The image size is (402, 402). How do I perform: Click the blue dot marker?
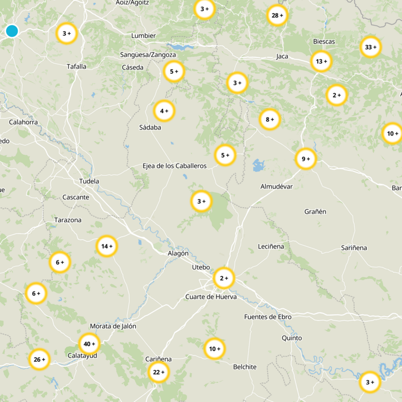[x=12, y=31]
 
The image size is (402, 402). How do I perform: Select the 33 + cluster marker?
[x=371, y=47]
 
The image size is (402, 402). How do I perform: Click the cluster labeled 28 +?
[x=277, y=16]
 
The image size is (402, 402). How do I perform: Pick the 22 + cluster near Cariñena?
[x=159, y=372]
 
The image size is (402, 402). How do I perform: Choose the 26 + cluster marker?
[x=39, y=359]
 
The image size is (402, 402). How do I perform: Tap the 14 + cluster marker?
[x=107, y=246]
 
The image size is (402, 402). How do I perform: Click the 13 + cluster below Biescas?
[x=321, y=61]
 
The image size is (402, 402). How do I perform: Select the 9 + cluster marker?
[x=306, y=159]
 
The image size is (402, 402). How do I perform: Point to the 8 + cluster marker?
[x=270, y=120]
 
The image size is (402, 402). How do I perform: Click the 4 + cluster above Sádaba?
[x=164, y=111]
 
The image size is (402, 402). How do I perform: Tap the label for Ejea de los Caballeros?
[x=174, y=166]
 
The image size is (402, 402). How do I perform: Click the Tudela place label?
[x=89, y=181]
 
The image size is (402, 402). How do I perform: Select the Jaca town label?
[x=282, y=56]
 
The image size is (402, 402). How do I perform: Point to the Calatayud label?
[x=82, y=355]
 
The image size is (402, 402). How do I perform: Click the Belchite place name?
[x=245, y=367]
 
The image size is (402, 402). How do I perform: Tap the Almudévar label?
[x=276, y=186]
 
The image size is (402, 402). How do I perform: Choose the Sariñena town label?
[x=354, y=248]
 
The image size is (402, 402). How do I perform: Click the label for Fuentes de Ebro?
[x=267, y=317]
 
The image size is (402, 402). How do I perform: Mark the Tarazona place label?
[x=68, y=220]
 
